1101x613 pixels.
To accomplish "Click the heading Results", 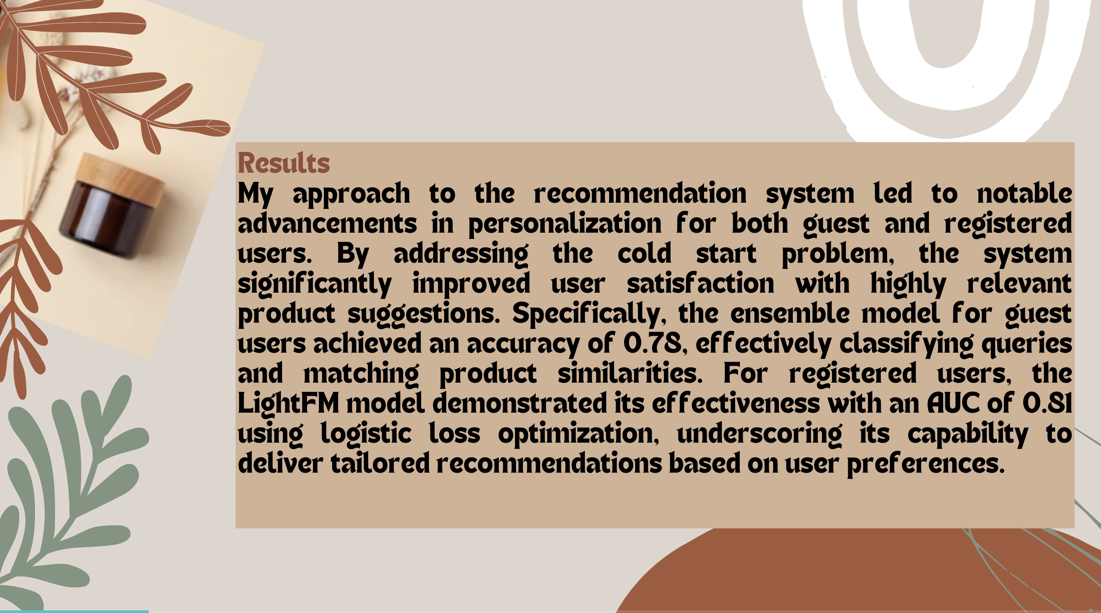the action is [x=284, y=163].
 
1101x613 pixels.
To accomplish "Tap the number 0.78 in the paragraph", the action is [x=652, y=343].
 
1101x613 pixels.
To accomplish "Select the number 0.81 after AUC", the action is [x=1047, y=403].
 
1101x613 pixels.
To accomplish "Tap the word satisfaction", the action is [x=700, y=283].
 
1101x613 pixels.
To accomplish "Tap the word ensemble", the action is [x=790, y=313].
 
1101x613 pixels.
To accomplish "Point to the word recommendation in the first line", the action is [x=640, y=193].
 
